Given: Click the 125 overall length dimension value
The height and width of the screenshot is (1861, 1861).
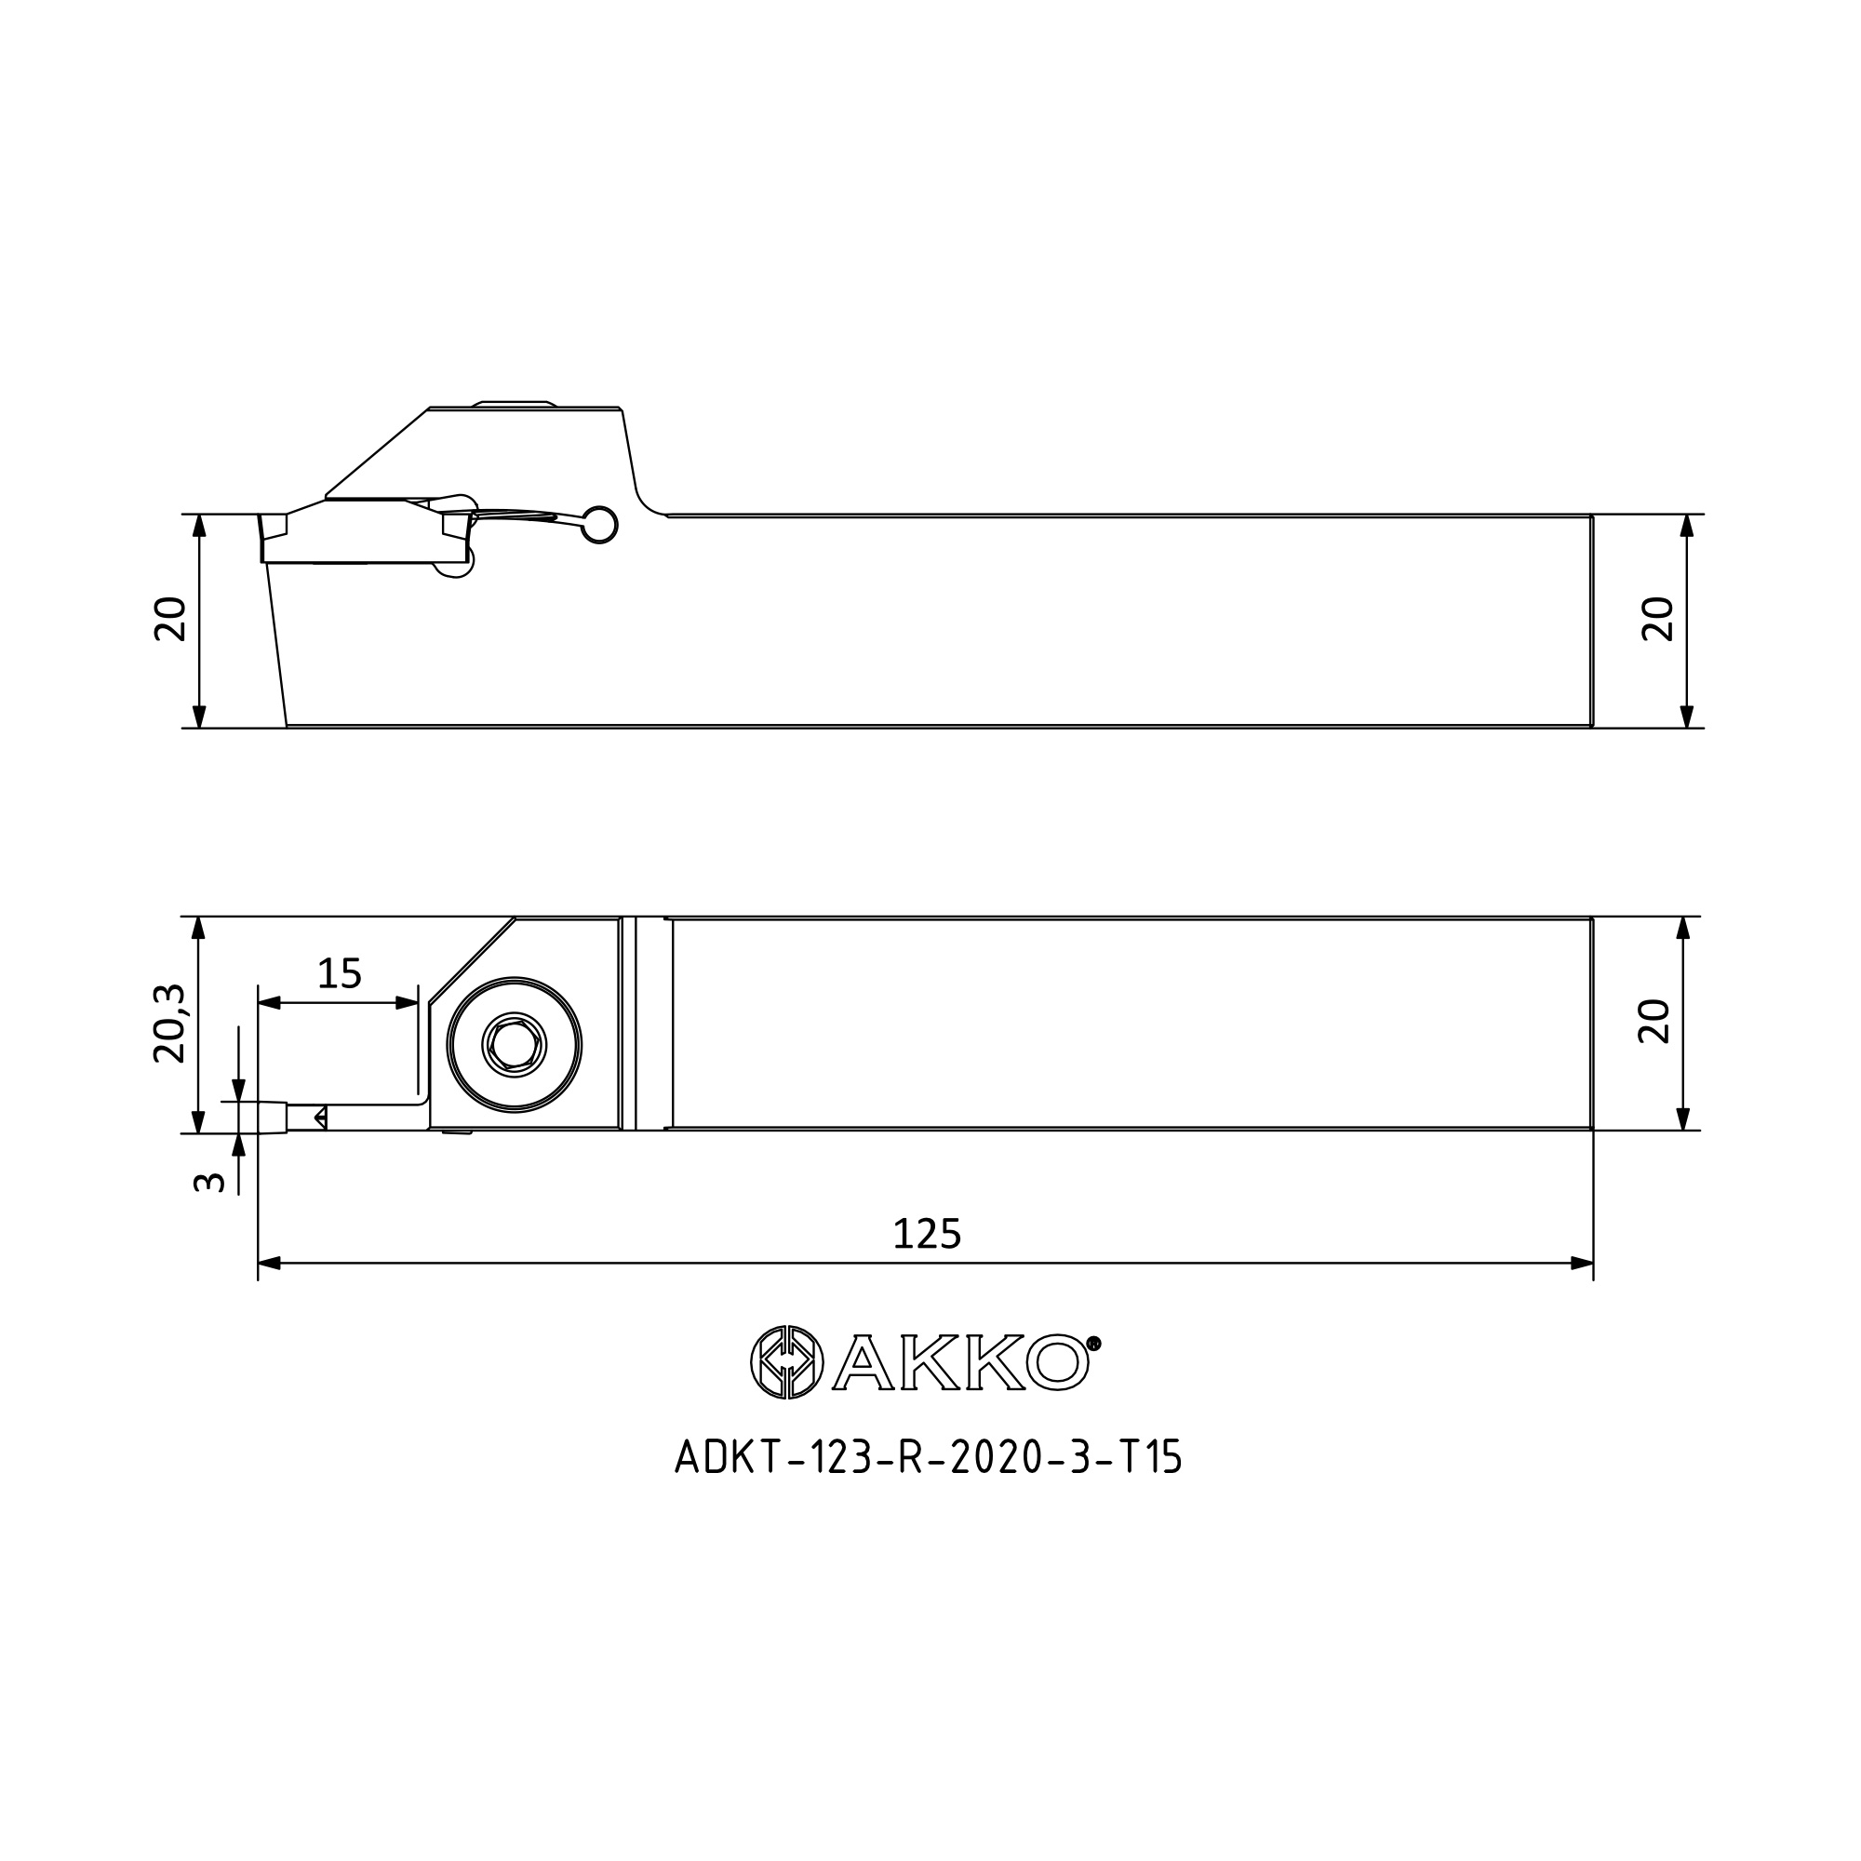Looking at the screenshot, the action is [x=927, y=1234].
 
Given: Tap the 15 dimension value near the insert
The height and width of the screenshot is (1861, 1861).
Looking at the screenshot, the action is [x=339, y=974].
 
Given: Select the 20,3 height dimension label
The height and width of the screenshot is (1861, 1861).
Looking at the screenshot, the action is [x=169, y=1024].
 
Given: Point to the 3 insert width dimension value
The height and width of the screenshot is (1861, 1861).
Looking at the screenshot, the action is [x=209, y=1182].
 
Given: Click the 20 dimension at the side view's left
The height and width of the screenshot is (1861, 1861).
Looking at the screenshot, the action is [x=170, y=620].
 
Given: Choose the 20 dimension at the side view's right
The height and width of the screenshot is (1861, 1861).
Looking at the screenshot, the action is [x=1659, y=620].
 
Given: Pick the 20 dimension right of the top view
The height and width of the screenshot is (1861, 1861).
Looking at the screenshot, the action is [x=1654, y=1021].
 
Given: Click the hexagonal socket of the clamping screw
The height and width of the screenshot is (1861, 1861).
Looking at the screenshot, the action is [x=515, y=1044].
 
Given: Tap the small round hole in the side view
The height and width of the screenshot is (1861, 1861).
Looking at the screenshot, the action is [x=601, y=524].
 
